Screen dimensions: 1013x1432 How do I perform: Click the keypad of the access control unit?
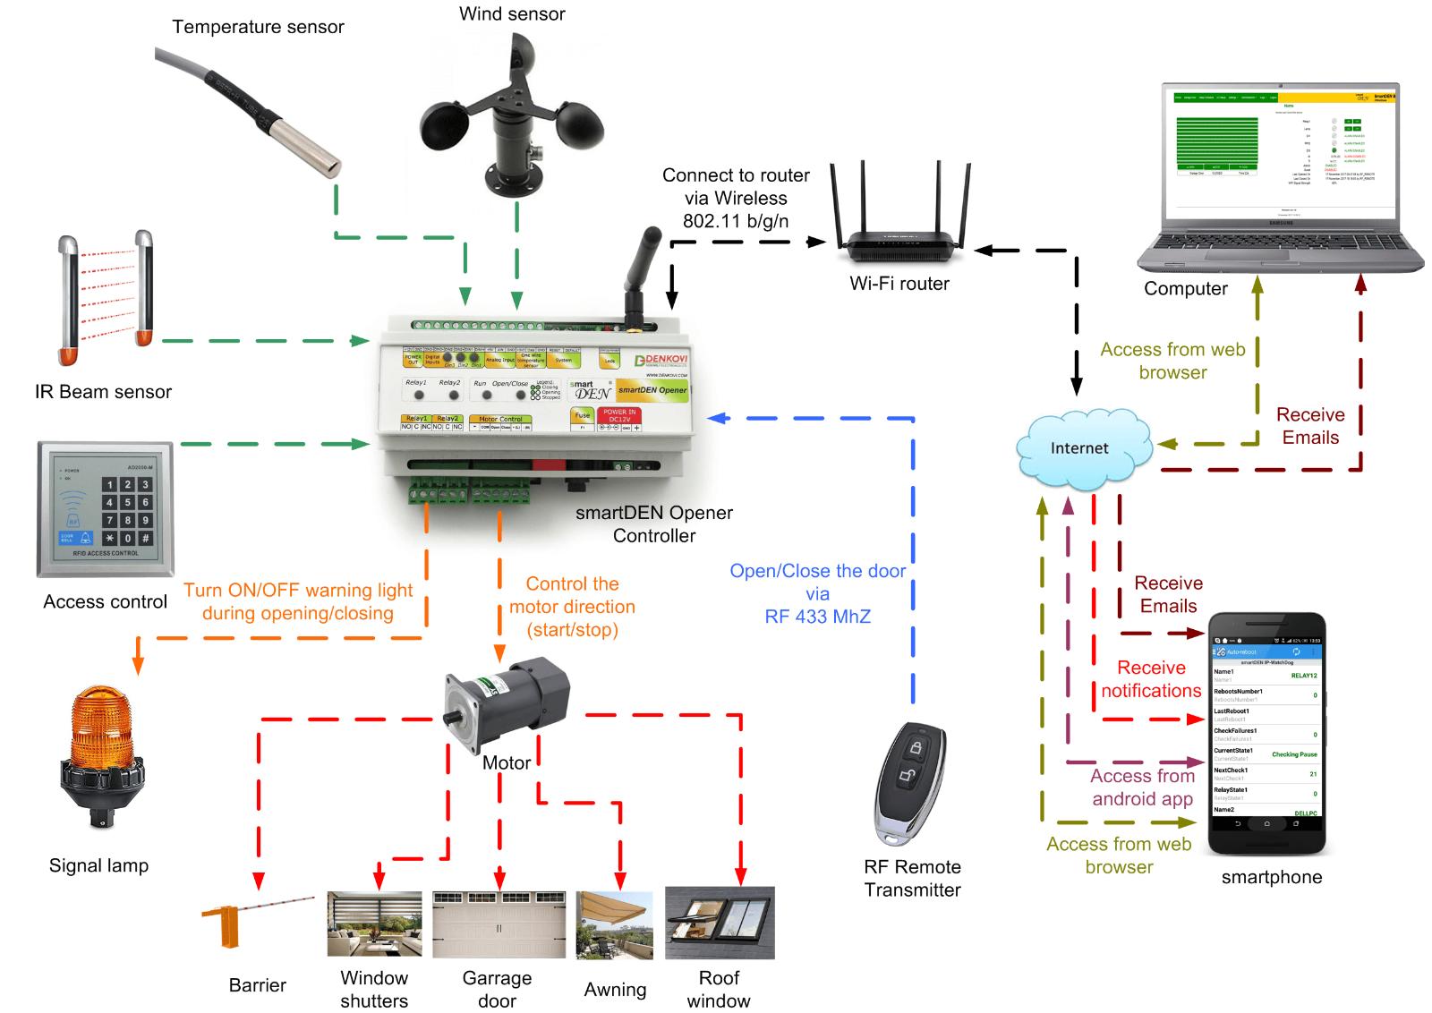[x=127, y=511]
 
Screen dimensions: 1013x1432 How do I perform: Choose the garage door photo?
[x=499, y=924]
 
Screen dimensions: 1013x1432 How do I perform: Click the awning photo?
[x=614, y=924]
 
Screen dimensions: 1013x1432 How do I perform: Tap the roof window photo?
[x=720, y=923]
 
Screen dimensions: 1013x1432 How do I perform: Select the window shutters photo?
[x=374, y=924]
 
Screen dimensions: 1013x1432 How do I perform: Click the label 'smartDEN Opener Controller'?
[x=654, y=524]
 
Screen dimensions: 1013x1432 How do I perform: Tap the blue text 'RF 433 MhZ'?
[x=817, y=617]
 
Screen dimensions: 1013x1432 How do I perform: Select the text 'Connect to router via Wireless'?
[x=736, y=187]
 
